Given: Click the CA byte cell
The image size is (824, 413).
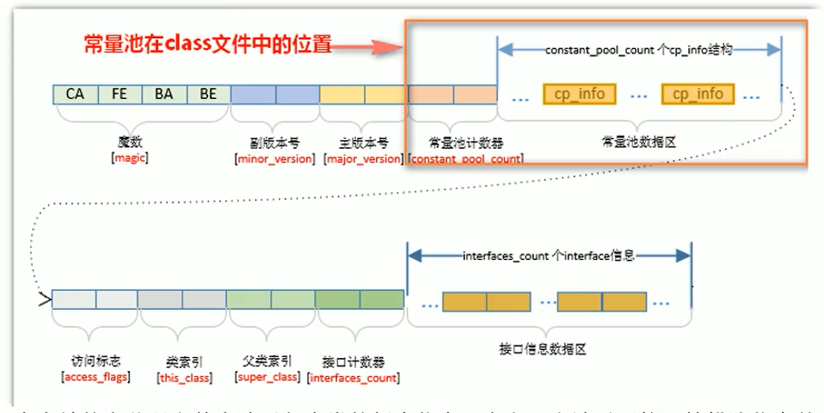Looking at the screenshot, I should click(75, 95).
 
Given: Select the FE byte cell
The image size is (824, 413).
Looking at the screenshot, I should click(120, 95).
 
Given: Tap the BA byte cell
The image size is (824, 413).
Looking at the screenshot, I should click(163, 95).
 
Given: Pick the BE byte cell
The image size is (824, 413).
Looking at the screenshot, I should click(208, 95).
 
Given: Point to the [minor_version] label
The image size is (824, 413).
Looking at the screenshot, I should click(274, 159).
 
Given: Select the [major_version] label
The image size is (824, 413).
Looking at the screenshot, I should click(363, 159).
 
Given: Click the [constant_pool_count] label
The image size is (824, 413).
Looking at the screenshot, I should click(465, 159).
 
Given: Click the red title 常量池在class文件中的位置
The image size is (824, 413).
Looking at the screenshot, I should click(207, 44).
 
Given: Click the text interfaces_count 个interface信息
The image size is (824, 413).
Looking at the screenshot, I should click(550, 256).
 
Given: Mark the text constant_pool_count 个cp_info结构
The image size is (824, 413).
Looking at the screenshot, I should click(638, 51).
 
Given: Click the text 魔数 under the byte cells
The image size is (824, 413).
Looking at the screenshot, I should click(130, 143).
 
